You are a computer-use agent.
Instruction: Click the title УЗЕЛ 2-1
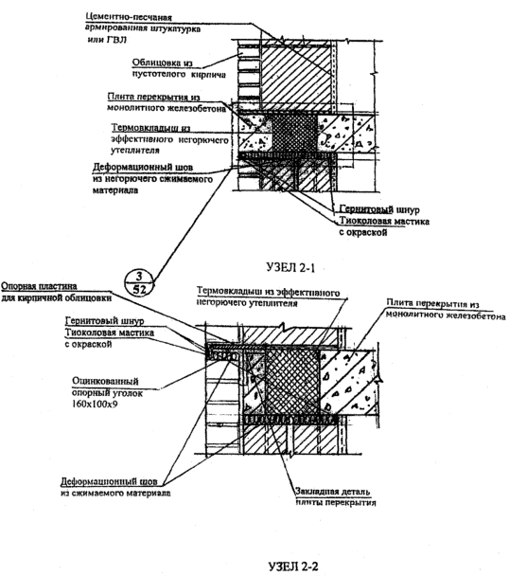click(290, 267)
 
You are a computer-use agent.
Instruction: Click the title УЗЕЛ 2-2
click(293, 567)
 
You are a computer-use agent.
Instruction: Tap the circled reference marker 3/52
click(139, 282)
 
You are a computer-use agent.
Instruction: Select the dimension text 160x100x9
click(95, 405)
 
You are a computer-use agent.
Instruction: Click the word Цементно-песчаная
click(129, 17)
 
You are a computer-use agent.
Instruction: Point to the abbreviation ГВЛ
click(116, 39)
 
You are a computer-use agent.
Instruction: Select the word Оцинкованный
click(105, 381)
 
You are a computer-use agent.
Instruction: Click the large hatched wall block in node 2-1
click(296, 75)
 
